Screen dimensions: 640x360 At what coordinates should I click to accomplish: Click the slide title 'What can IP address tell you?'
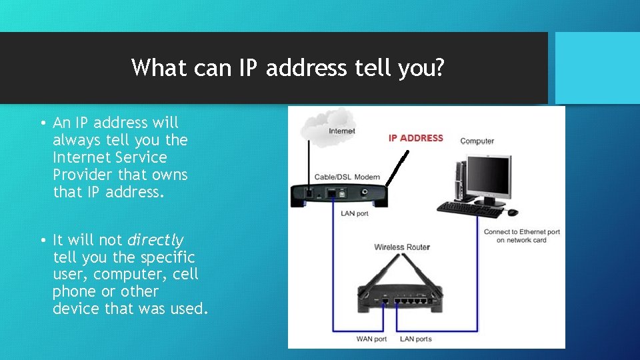click(287, 67)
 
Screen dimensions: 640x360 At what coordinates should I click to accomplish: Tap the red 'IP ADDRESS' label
click(415, 138)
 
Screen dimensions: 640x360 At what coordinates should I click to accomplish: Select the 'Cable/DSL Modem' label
click(347, 177)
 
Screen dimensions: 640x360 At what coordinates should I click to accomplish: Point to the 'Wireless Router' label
click(402, 247)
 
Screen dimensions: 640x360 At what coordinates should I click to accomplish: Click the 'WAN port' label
click(371, 339)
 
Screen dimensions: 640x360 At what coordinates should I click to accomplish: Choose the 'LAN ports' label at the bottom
click(415, 339)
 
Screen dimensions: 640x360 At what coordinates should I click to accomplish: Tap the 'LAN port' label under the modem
click(354, 213)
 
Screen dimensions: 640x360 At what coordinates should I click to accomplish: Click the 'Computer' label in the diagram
click(477, 141)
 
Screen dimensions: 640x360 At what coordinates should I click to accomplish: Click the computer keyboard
click(469, 209)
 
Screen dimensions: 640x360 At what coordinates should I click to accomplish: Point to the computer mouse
click(512, 213)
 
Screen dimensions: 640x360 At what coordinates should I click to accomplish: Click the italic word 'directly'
click(155, 240)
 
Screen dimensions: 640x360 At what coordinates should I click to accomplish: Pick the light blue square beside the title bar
click(597, 67)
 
